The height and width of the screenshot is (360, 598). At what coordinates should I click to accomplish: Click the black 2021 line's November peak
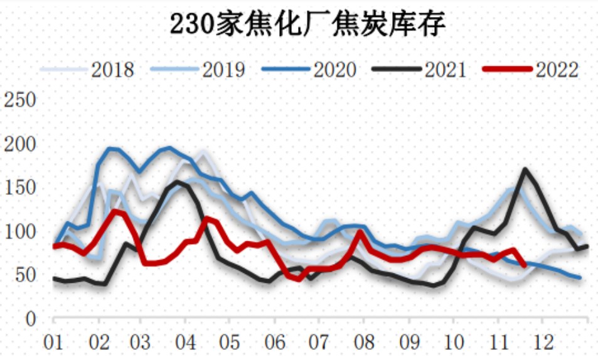(525, 169)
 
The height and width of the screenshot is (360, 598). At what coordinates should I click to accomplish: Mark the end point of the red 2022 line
(524, 265)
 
